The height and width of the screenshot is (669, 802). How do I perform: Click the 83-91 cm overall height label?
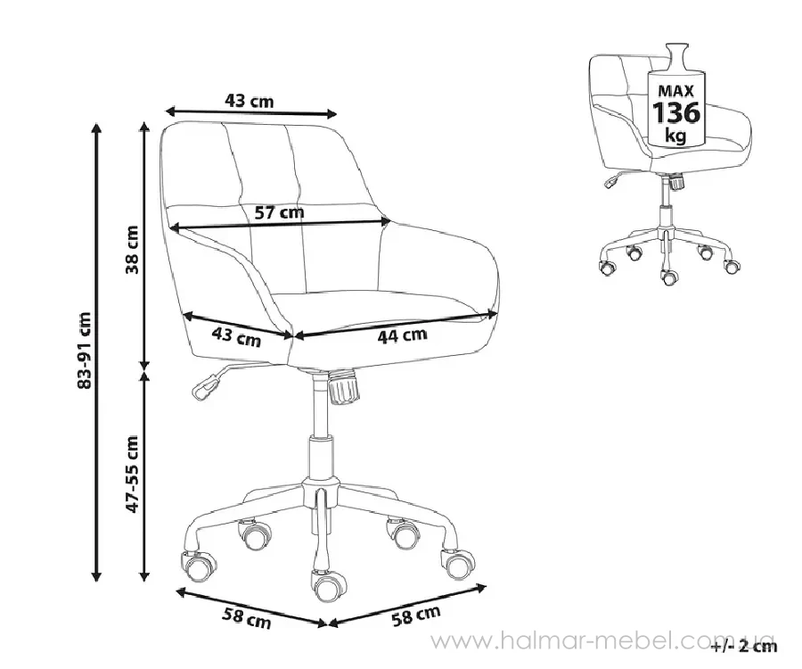pyautogui.click(x=84, y=350)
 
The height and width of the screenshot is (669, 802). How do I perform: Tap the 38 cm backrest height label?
pyautogui.click(x=133, y=250)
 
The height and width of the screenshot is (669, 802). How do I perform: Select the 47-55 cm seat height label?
pyautogui.click(x=133, y=474)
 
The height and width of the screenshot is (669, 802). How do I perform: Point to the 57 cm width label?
pyautogui.click(x=279, y=211)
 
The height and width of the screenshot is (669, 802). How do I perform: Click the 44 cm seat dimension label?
pyautogui.click(x=402, y=335)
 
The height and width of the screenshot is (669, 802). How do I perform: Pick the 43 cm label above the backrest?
pyautogui.click(x=250, y=101)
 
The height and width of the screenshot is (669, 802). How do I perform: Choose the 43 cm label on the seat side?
pyautogui.click(x=236, y=337)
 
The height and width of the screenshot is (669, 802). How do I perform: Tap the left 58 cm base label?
pyautogui.click(x=246, y=618)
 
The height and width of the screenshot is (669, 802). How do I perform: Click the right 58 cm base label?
pyautogui.click(x=416, y=615)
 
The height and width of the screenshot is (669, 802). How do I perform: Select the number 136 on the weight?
pyautogui.click(x=676, y=112)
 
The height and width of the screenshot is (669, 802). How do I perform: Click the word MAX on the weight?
pyautogui.click(x=675, y=91)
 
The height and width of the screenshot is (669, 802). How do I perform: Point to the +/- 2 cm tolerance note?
pyautogui.click(x=744, y=647)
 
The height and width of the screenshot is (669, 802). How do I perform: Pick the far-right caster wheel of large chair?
pyautogui.click(x=457, y=563)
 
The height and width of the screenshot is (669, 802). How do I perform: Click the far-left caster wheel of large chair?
pyautogui.click(x=198, y=566)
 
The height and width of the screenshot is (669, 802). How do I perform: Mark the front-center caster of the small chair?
pyautogui.click(x=668, y=277)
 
